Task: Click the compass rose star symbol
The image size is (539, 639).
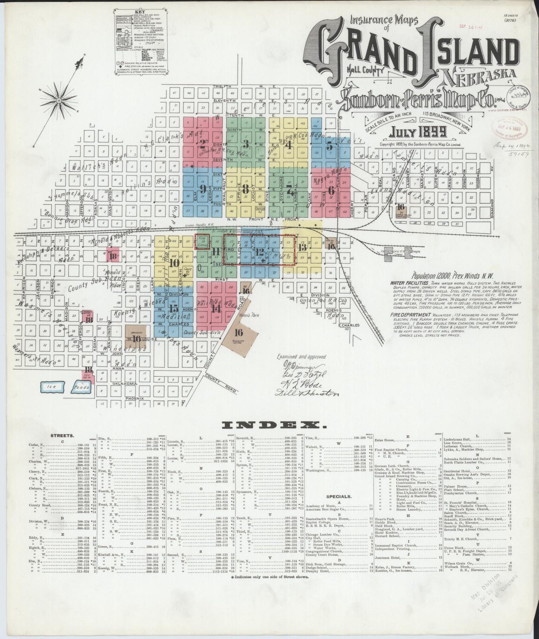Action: (x=59, y=101)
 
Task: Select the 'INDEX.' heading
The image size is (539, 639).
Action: (x=270, y=425)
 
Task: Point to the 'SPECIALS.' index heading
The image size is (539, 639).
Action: (x=338, y=497)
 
